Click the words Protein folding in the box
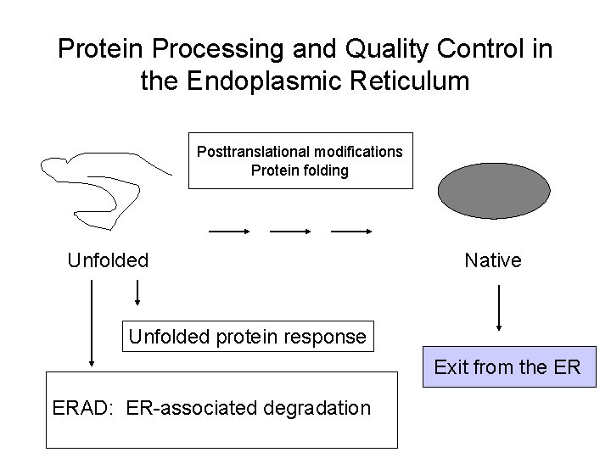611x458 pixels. point(300,170)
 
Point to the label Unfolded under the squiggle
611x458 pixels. point(108,260)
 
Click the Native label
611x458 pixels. point(493,260)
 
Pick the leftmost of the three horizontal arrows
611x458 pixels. point(227,230)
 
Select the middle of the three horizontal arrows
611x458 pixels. point(290,230)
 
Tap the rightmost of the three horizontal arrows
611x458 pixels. point(351,230)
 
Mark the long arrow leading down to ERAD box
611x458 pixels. point(90,322)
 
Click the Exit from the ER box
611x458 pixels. point(507,368)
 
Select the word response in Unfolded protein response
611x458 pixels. point(326,337)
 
